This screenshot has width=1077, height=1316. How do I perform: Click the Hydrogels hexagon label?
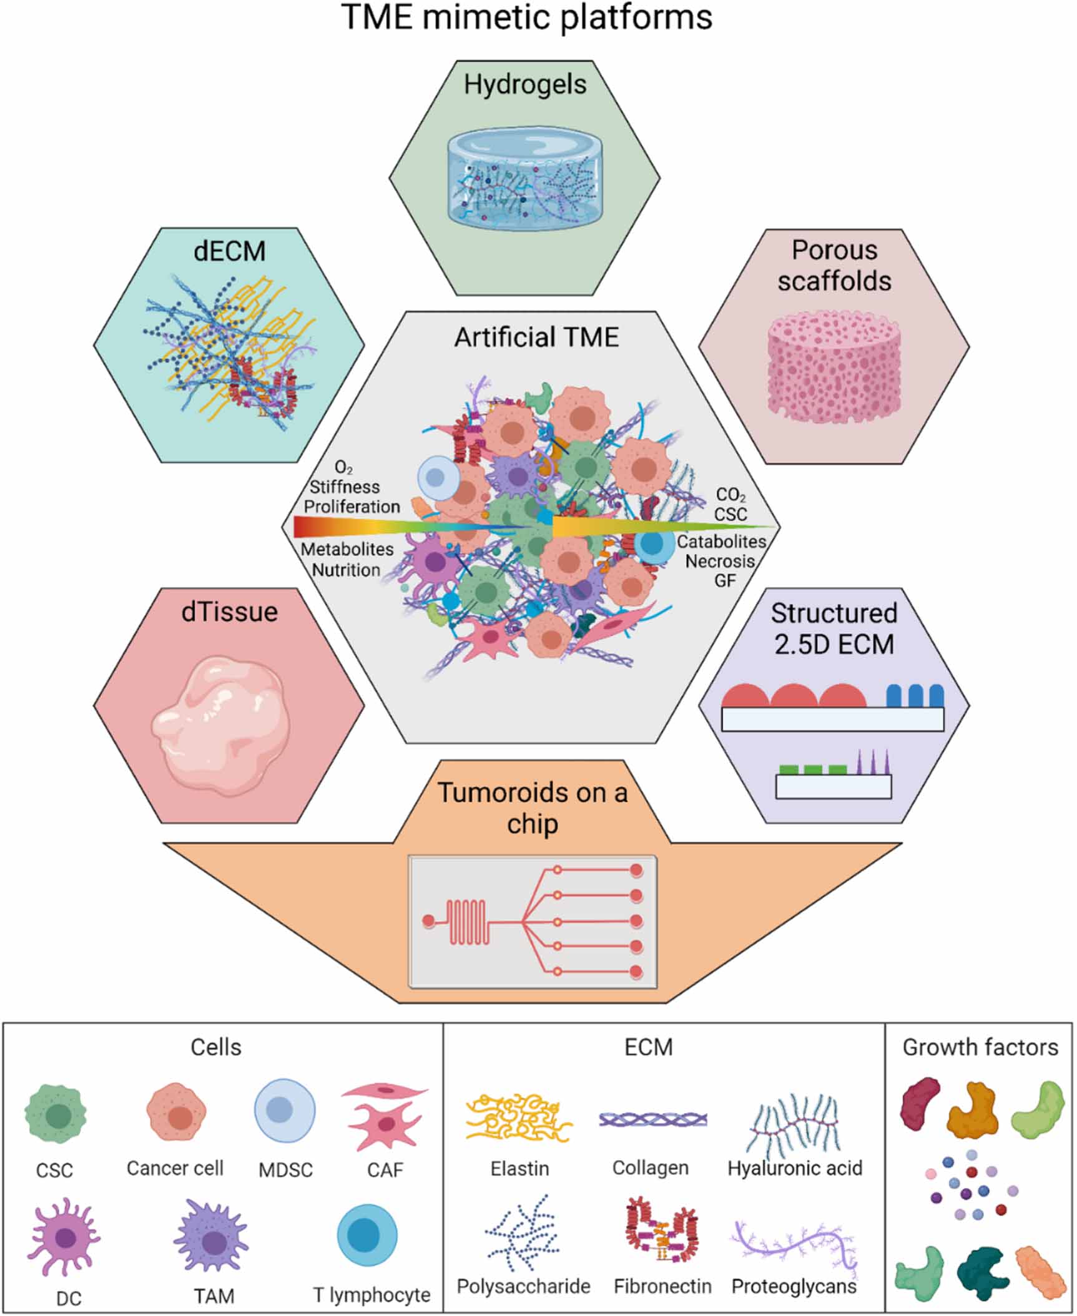(x=524, y=85)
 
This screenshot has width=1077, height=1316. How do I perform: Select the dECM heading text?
(x=229, y=251)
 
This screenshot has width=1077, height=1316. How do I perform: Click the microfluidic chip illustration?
(x=533, y=922)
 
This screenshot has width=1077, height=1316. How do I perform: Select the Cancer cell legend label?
(x=175, y=1168)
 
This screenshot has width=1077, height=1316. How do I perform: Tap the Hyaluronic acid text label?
(x=794, y=1168)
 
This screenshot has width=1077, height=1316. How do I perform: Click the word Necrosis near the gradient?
(x=719, y=561)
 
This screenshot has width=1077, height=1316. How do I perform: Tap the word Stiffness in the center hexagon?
(x=345, y=487)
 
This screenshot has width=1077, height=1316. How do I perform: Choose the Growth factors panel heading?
(x=980, y=1047)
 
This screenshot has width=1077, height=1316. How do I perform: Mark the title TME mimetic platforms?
(x=527, y=17)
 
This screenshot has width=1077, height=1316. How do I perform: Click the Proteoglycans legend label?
(x=794, y=1286)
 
